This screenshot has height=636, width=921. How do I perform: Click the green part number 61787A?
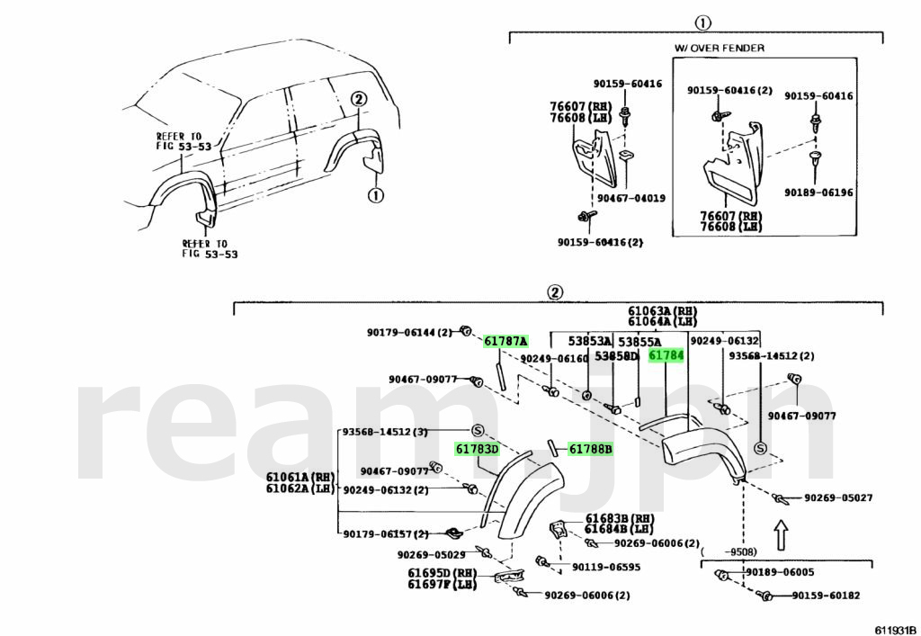point(505,341)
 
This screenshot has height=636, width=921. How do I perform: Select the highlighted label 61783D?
point(477,449)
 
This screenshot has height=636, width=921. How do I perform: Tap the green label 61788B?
point(589,449)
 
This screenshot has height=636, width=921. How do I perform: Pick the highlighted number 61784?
point(666,356)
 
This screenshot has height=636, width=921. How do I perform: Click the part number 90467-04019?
point(629,197)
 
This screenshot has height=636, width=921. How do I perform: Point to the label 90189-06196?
point(818,193)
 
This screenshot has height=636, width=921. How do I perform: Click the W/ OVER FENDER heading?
point(720,48)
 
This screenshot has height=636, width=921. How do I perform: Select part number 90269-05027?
point(838,497)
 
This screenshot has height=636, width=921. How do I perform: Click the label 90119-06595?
point(606,568)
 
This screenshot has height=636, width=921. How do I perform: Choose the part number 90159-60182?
point(826,596)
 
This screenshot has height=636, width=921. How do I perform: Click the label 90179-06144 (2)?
point(409,332)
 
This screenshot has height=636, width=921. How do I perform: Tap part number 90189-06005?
point(779,573)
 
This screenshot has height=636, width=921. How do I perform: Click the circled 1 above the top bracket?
point(702,23)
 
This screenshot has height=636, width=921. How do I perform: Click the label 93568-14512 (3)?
point(384,431)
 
